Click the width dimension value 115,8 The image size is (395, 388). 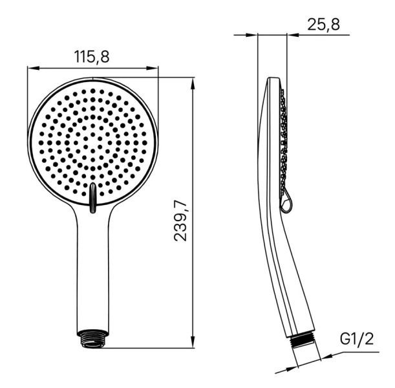coord(92,57)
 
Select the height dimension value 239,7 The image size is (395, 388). coord(182,221)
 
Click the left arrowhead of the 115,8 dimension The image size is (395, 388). coord(32,67)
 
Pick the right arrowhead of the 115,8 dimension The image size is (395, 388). coord(154,67)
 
